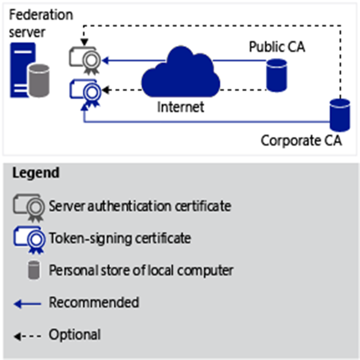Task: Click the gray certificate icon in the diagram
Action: [85, 59]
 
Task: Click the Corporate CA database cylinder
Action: [339, 116]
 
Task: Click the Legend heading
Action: [35, 173]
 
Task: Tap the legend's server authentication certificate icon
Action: [29, 207]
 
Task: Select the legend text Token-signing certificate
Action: [120, 238]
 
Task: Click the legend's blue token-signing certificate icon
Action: [29, 239]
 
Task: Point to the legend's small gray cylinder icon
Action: [35, 271]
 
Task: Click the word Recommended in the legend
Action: [94, 302]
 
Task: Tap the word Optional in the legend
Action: [74, 334]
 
